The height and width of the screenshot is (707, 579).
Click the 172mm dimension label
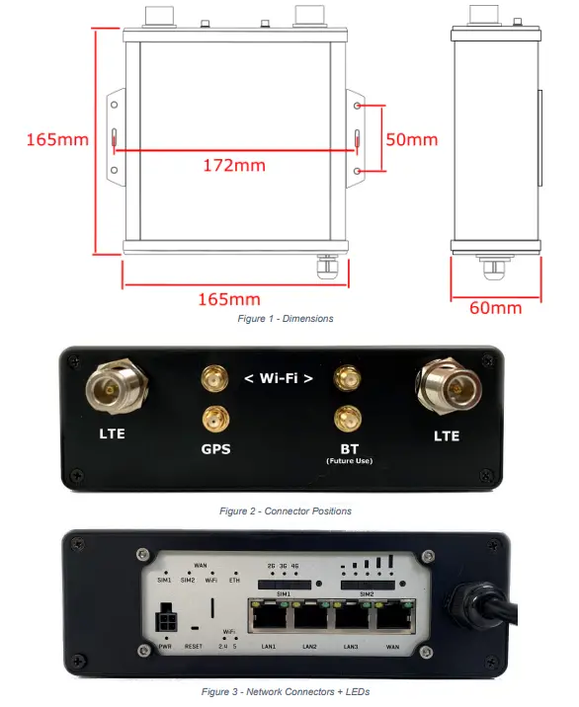(234, 164)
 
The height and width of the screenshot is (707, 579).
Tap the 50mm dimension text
(411, 139)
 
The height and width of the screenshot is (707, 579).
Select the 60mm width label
(495, 307)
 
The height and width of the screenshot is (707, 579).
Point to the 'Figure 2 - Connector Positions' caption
(285, 511)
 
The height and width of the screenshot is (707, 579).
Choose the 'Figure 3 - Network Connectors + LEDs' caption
(286, 692)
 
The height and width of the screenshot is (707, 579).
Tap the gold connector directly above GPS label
(212, 419)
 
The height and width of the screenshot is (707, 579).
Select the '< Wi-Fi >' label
(280, 378)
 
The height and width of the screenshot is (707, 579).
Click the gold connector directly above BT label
(345, 418)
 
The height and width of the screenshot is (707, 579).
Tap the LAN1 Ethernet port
(268, 619)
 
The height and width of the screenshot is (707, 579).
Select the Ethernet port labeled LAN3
(351, 619)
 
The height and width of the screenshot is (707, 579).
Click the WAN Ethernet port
(392, 619)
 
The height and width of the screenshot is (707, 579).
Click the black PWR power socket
(163, 623)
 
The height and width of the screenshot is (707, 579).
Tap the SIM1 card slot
(287, 586)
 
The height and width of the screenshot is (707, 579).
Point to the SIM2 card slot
(365, 586)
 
